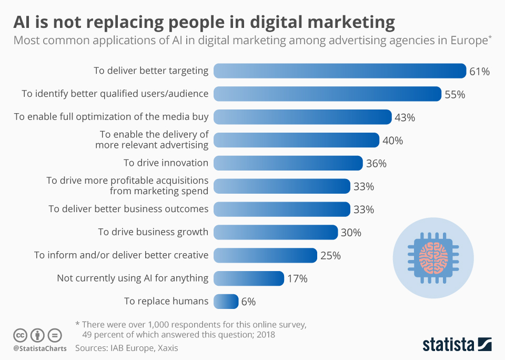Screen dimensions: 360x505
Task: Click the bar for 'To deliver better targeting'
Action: pyautogui.click(x=340, y=71)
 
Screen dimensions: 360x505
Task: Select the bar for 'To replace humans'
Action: pyautogui.click(x=226, y=302)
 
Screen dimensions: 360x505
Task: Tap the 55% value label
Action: pyautogui.click(x=455, y=95)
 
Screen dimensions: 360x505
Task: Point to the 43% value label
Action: pyautogui.click(x=405, y=117)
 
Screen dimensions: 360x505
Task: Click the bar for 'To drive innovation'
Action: pyautogui.click(x=288, y=163)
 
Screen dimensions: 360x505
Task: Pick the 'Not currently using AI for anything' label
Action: pyautogui.click(x=133, y=278)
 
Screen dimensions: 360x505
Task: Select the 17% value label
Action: pyautogui.click(x=297, y=278)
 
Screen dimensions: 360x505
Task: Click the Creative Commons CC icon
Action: pyautogui.click(x=20, y=335)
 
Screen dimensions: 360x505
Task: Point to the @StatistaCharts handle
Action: pyautogui.click(x=40, y=348)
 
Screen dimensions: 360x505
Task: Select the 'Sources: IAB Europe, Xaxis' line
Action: pyautogui.click(x=130, y=348)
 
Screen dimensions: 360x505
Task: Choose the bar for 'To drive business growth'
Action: pyautogui.click(x=276, y=232)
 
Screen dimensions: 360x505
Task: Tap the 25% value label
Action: pyautogui.click(x=330, y=256)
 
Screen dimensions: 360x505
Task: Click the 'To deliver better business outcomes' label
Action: pyautogui.click(x=128, y=209)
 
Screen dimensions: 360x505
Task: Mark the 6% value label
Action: pyautogui.click(x=248, y=302)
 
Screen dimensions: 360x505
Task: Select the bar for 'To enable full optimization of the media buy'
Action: pyautogui.click(x=302, y=117)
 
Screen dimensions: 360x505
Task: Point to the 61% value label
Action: pyautogui.click(x=480, y=72)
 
